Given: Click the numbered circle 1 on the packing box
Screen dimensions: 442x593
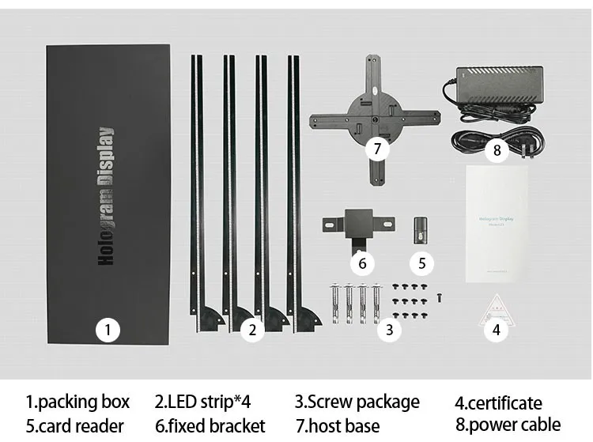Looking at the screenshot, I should pyautogui.click(x=108, y=330).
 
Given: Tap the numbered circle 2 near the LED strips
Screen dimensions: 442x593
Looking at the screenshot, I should pyautogui.click(x=251, y=330).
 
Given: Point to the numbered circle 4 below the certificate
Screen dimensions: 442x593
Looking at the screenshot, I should pyautogui.click(x=497, y=330).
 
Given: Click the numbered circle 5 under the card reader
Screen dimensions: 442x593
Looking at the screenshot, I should pyautogui.click(x=421, y=263).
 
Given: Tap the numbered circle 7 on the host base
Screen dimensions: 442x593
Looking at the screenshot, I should pyautogui.click(x=377, y=148).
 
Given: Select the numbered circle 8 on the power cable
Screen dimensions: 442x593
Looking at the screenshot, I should pyautogui.click(x=497, y=149).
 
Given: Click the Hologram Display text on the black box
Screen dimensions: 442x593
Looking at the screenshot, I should pyautogui.click(x=107, y=195).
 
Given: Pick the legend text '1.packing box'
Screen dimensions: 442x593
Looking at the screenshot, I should pyautogui.click(x=77, y=402).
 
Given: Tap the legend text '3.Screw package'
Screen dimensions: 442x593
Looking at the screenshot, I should pyautogui.click(x=357, y=402).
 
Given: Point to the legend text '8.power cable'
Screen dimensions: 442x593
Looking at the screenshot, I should pyautogui.click(x=508, y=425).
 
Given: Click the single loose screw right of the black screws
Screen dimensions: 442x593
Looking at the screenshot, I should pyautogui.click(x=439, y=297).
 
